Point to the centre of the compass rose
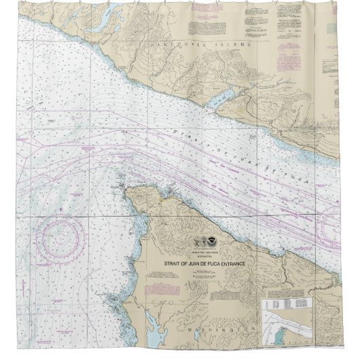62,236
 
